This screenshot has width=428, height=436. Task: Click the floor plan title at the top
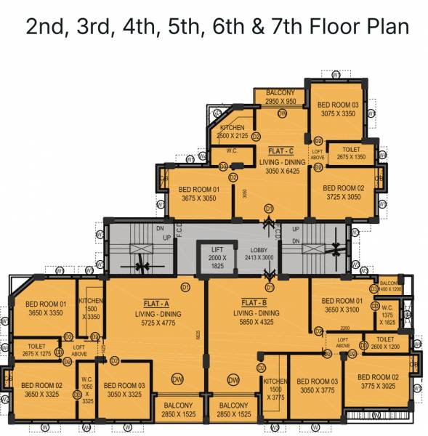(217, 27)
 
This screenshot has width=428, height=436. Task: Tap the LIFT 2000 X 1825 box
(214, 258)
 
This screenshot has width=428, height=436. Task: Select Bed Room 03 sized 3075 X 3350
(339, 109)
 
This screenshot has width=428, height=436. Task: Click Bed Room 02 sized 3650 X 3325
(41, 389)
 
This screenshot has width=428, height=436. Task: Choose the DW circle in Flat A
(177, 380)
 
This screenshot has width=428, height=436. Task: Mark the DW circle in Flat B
(233, 380)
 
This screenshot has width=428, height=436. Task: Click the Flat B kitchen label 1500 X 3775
(275, 389)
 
